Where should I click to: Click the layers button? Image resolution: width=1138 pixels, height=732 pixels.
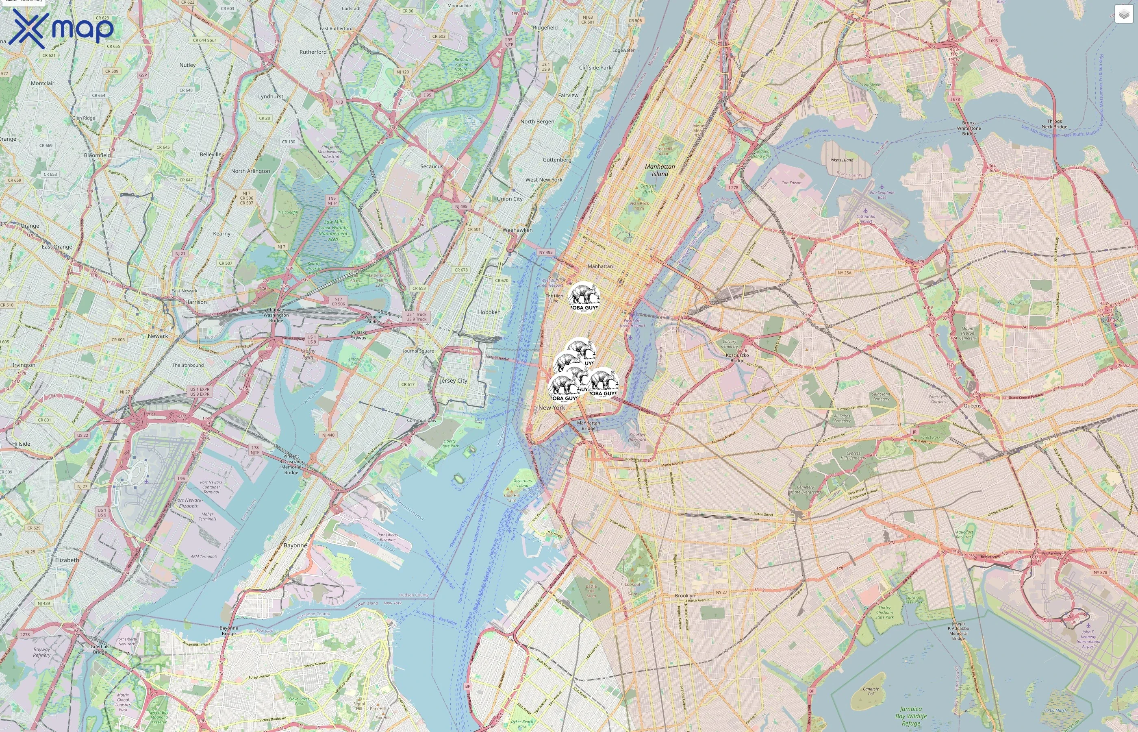click(1123, 15)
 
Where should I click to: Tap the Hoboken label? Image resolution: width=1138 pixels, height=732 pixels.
click(489, 312)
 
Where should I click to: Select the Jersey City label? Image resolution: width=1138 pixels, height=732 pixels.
click(453, 381)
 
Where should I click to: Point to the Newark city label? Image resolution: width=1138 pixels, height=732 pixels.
click(158, 336)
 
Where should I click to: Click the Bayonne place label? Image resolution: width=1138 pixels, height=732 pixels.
click(295, 545)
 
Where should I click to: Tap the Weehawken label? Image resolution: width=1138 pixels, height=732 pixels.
click(517, 230)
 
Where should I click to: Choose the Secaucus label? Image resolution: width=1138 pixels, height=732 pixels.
click(431, 166)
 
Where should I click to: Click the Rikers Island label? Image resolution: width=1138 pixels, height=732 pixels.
click(842, 160)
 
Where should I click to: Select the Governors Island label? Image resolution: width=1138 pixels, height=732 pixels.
click(522, 483)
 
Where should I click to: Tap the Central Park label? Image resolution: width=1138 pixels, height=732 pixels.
click(648, 189)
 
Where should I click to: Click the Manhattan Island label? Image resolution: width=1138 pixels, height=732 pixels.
click(660, 170)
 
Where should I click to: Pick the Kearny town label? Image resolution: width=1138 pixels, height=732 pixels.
click(222, 234)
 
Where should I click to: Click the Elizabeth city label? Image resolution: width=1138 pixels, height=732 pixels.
click(67, 560)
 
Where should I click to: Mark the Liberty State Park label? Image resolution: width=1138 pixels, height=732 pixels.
click(450, 444)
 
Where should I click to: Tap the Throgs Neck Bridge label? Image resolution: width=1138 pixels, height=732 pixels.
click(1054, 124)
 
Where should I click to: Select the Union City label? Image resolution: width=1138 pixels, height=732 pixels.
click(510, 199)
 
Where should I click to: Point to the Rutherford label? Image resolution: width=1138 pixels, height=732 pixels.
click(313, 52)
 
